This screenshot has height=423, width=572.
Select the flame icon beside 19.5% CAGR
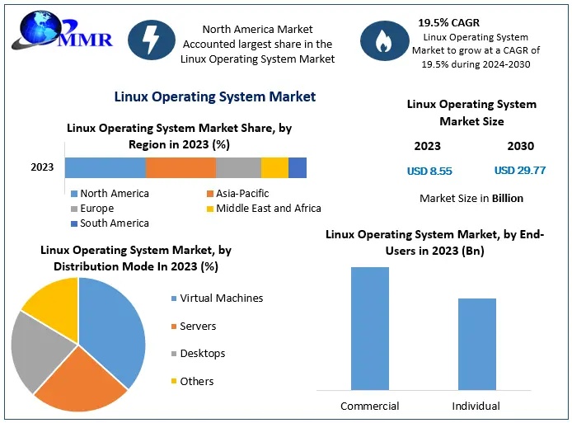[x=382, y=42]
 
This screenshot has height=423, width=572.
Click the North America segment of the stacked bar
[x=105, y=167]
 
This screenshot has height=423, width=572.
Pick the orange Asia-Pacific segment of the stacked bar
[x=181, y=167]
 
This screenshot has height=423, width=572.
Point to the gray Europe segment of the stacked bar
[x=238, y=167]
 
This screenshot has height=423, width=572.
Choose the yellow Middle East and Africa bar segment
[x=274, y=167]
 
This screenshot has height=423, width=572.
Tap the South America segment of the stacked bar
[x=298, y=167]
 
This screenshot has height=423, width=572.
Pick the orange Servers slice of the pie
[x=79, y=380]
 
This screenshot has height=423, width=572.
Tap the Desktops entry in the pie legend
[x=202, y=354]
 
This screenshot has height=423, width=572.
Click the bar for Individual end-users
[x=476, y=344]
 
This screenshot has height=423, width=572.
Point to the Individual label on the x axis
[x=476, y=407]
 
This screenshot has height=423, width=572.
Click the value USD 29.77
[x=520, y=172]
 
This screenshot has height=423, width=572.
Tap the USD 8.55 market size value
[x=429, y=172]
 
